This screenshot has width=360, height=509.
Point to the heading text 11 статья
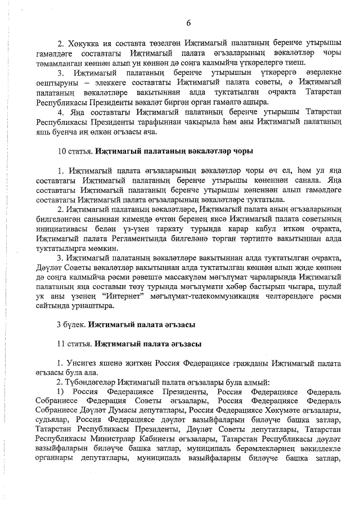pos(75,343)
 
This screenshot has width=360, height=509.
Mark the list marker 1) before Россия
pos(61,391)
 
